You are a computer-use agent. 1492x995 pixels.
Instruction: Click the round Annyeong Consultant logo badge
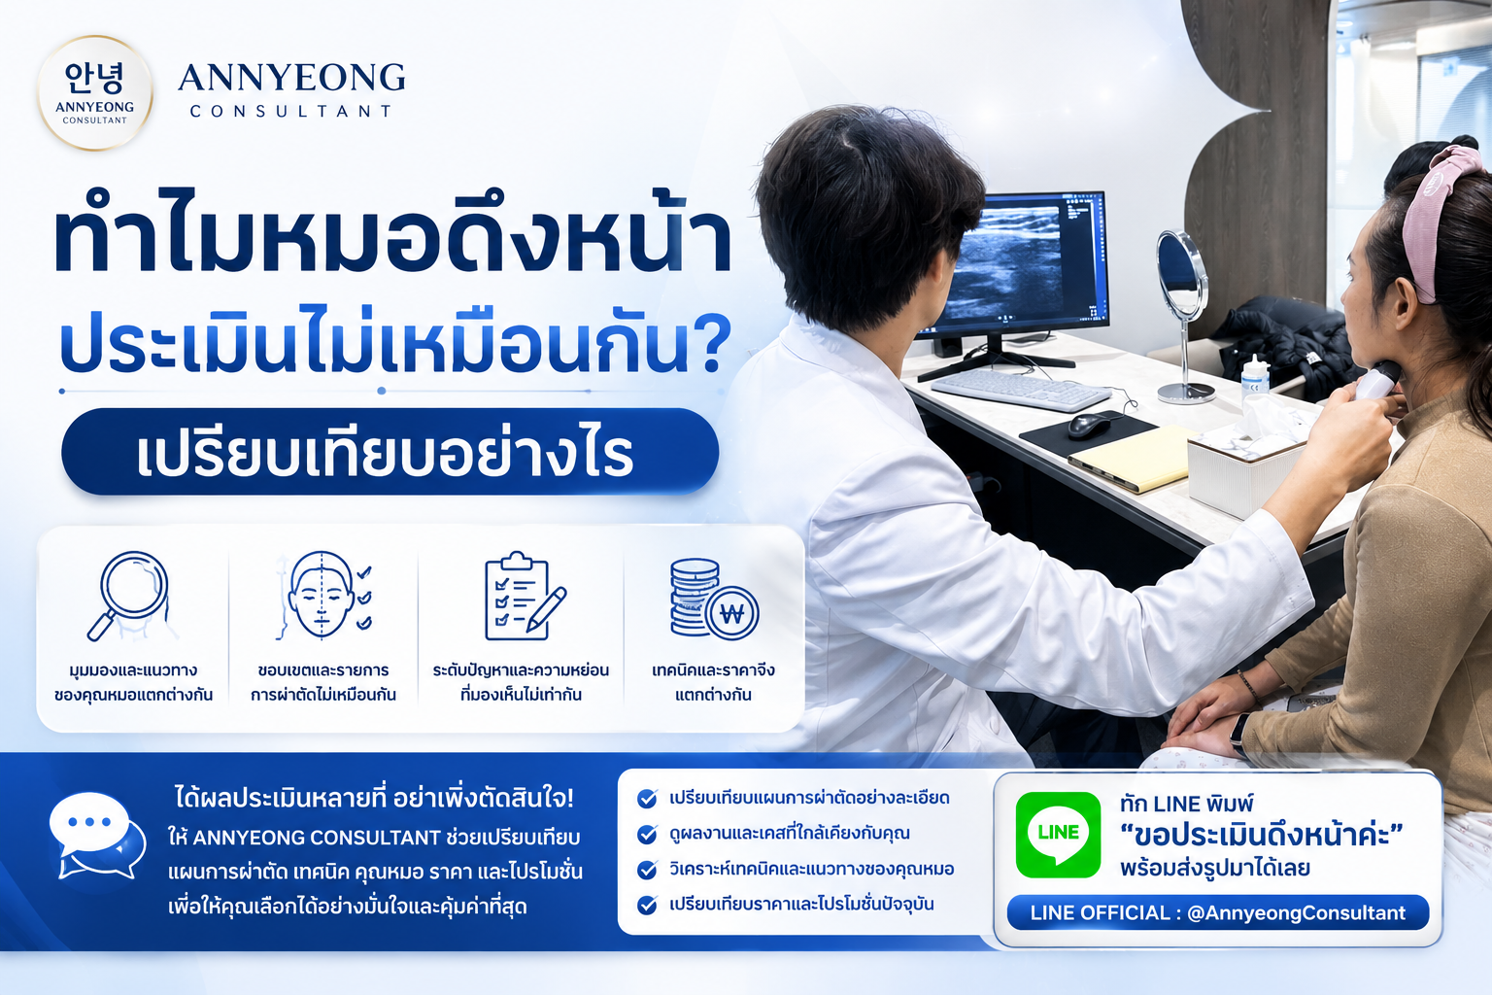[x=95, y=92]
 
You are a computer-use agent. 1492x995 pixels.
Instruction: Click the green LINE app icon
[x=1058, y=835]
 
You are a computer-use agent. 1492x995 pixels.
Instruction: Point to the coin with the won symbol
[x=732, y=613]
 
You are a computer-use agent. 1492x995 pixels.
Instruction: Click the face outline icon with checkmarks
[x=323, y=595]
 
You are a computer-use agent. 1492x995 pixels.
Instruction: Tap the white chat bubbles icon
[x=97, y=836]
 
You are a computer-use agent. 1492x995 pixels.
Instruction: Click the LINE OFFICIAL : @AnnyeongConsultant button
[x=1217, y=912]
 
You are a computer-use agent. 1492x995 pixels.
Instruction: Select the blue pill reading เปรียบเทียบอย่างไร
[x=390, y=452]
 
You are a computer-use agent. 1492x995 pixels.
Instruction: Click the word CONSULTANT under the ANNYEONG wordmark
[x=291, y=112]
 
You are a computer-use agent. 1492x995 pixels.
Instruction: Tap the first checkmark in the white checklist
[x=646, y=799]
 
